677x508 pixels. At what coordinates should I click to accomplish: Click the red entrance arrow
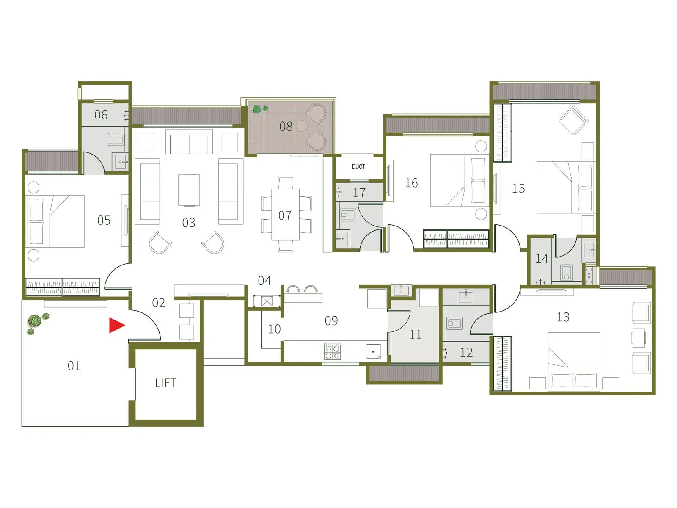point(116,325)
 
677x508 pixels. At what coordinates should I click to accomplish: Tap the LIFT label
point(165,383)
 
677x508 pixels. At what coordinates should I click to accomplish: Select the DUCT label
point(358,167)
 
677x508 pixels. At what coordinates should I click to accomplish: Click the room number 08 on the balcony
point(286,126)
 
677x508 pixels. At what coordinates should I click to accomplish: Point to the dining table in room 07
point(286,215)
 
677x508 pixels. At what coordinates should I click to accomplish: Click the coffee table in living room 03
point(189,190)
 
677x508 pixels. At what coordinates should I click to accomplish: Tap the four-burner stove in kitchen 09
point(332,351)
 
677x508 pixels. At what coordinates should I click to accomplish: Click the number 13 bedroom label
point(563,317)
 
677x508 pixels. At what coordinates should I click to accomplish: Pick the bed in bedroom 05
point(55,221)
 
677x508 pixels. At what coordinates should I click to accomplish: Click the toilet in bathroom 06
point(116,139)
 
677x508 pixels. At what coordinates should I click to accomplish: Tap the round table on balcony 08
point(301,125)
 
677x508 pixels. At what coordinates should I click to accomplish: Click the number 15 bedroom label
point(518,188)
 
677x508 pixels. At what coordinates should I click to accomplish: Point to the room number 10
point(274,329)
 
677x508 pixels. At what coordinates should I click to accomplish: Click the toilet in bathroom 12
point(454,324)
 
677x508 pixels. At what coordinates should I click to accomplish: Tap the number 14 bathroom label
point(542,258)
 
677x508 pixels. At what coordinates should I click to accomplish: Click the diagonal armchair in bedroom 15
point(573,120)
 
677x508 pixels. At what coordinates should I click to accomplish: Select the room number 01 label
point(74,366)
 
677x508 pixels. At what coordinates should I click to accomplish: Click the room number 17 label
point(359,193)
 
